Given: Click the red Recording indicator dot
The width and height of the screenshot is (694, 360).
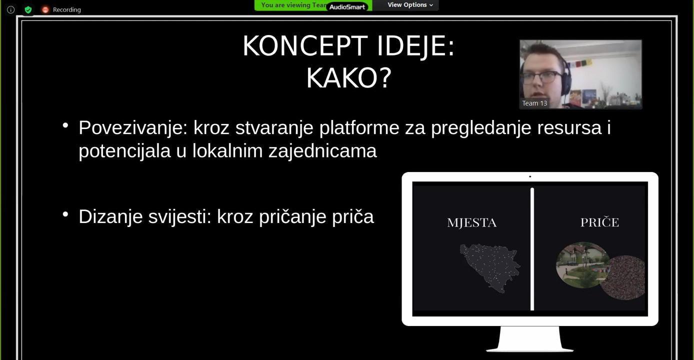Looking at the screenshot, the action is click(45, 10).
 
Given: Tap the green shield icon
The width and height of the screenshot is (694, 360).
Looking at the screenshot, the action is click(28, 10).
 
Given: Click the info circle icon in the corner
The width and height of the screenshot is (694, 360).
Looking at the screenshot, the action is click(11, 10).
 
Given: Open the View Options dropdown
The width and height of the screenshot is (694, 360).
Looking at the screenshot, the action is click(410, 5).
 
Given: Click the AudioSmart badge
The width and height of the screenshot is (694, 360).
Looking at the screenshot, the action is click(347, 7).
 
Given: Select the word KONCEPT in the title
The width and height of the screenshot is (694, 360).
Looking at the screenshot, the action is click(305, 46).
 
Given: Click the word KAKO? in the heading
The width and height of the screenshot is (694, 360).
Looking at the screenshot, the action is click(349, 78).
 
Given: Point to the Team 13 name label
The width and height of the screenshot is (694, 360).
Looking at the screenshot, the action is click(534, 103).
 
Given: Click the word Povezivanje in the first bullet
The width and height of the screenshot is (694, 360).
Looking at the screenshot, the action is click(133, 127).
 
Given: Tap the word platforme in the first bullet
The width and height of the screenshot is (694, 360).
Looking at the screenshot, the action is click(359, 127).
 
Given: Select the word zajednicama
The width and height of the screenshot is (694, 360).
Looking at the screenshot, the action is click(322, 151).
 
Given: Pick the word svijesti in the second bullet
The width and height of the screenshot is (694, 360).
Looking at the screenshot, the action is click(179, 216).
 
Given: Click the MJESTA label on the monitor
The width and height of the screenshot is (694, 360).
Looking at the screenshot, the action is click(472, 223).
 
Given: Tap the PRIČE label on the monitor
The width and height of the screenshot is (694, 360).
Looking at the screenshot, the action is click(600, 222).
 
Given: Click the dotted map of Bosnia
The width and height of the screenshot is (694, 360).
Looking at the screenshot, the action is click(489, 267).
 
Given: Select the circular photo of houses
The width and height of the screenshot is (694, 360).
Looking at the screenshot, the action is click(582, 265).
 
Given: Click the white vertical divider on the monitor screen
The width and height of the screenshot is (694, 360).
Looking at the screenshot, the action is click(532, 249).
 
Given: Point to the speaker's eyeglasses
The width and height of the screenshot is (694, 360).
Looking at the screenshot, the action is click(543, 76).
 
